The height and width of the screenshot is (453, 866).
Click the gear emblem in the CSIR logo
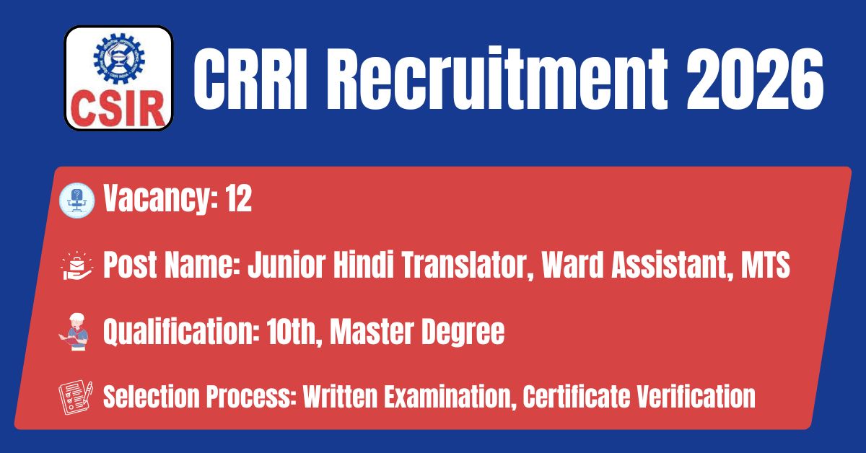point(118,58)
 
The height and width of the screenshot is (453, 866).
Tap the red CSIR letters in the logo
point(118,109)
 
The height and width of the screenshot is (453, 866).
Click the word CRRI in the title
point(250,79)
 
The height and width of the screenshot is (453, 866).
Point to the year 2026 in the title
point(755,79)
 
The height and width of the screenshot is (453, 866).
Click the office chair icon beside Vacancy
point(77,201)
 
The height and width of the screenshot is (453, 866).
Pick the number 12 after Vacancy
point(239,198)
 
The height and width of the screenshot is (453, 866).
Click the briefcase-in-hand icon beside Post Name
point(76,265)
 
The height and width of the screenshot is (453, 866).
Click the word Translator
point(468,265)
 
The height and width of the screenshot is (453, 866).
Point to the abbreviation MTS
point(765,265)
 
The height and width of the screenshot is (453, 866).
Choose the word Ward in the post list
point(572,265)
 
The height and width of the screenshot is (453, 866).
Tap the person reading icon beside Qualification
point(74,332)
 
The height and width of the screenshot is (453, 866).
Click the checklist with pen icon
point(76,397)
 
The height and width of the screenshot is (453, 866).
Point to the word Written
point(340,397)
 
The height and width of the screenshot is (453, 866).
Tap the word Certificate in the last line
point(576,397)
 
